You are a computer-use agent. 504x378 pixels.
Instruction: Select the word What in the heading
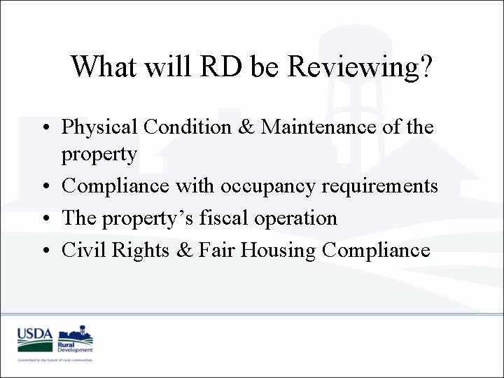(x=103, y=67)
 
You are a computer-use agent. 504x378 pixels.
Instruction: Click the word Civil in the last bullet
(x=80, y=249)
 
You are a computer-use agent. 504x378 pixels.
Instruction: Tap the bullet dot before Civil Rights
(x=46, y=251)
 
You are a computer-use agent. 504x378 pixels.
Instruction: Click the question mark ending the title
(x=425, y=67)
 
